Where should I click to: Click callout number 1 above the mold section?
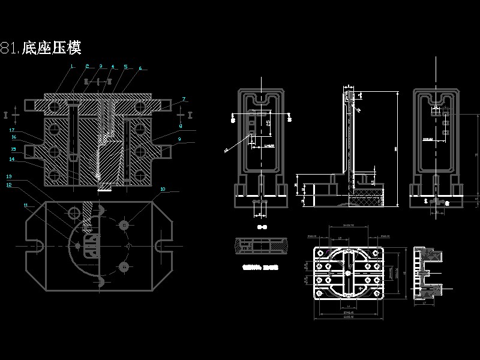(x=71, y=66)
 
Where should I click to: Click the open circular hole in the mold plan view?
(x=74, y=212)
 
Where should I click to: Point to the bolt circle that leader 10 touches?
(x=124, y=224)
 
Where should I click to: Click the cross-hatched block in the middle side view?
(x=367, y=196)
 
